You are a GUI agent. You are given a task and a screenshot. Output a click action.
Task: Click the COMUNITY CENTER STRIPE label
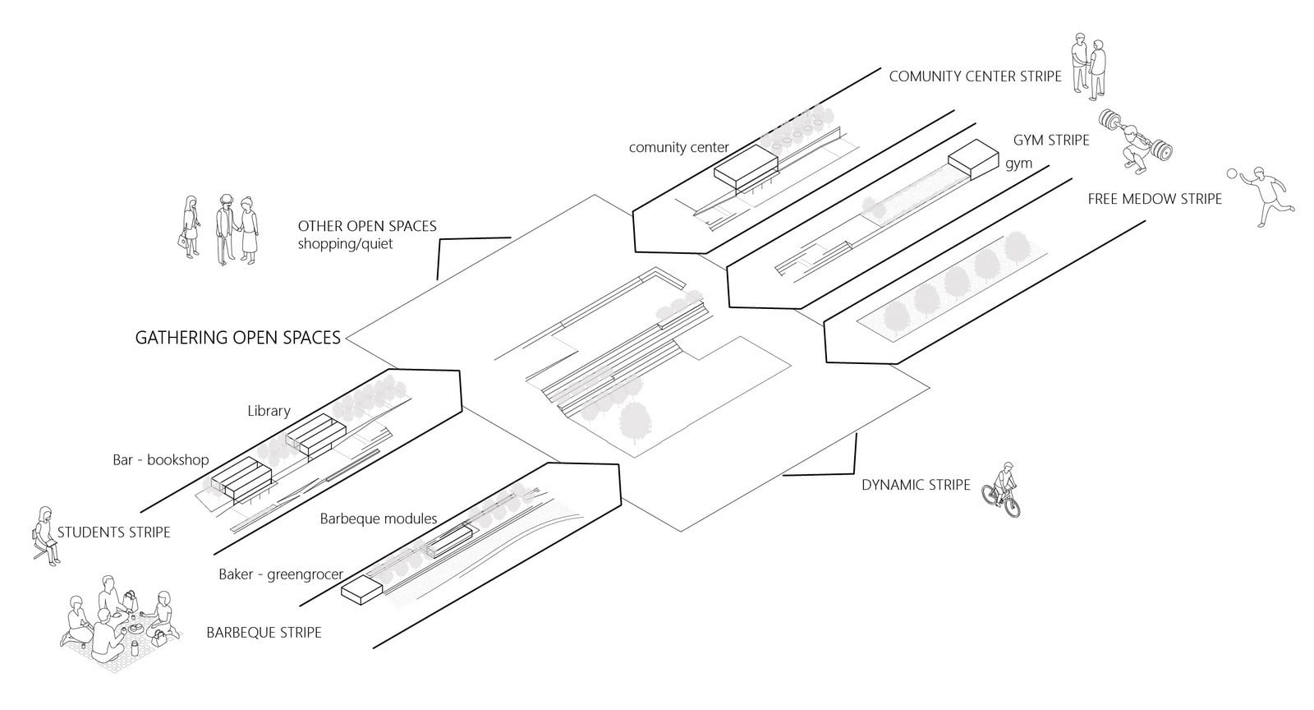pyautogui.click(x=975, y=76)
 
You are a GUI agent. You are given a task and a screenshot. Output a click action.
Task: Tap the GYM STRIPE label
pyautogui.click(x=1051, y=141)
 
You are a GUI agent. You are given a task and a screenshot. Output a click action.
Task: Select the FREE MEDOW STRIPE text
pyautogui.click(x=1155, y=199)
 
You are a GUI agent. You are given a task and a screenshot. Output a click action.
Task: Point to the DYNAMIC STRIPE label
pyautogui.click(x=916, y=485)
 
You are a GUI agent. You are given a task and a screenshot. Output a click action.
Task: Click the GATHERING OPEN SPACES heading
pyautogui.click(x=237, y=338)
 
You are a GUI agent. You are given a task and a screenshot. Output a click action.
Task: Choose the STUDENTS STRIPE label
pyautogui.click(x=114, y=532)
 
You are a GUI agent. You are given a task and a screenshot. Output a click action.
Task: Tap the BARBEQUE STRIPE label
pyautogui.click(x=264, y=633)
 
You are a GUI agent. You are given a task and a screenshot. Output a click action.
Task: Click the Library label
pyautogui.click(x=269, y=411)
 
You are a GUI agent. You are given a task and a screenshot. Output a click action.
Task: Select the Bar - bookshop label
pyautogui.click(x=161, y=459)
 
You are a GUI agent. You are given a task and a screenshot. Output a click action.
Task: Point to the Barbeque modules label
pyautogui.click(x=379, y=519)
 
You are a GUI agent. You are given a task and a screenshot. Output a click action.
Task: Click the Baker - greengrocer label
pyautogui.click(x=281, y=574)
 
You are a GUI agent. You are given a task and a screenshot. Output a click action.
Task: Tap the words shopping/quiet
pyautogui.click(x=345, y=243)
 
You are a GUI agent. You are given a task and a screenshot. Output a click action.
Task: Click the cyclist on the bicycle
pyautogui.click(x=1002, y=490)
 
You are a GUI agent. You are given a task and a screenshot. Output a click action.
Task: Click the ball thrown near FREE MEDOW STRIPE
pyautogui.click(x=1231, y=173)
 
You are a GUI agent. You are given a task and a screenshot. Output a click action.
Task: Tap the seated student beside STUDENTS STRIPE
pyautogui.click(x=46, y=536)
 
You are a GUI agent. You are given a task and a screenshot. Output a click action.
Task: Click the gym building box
pyautogui.click(x=973, y=159)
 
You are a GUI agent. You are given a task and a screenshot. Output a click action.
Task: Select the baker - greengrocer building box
pyautogui.click(x=362, y=590)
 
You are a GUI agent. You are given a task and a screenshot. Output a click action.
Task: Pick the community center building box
pyautogui.click(x=747, y=169)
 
